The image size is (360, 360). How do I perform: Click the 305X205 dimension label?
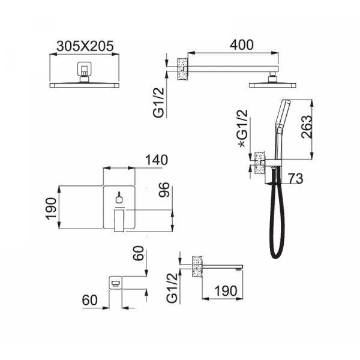pyautogui.click(x=85, y=46)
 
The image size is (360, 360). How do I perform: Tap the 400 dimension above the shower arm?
pyautogui.click(x=242, y=45)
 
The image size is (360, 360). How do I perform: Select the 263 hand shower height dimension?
pyautogui.click(x=307, y=127)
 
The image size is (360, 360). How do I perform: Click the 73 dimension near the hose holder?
pyautogui.click(x=295, y=178)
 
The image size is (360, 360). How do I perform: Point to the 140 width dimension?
pyautogui.click(x=157, y=160)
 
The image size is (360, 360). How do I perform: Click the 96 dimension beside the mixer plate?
pyautogui.click(x=164, y=190)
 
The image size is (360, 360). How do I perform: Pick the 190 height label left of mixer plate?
pyautogui.click(x=51, y=208)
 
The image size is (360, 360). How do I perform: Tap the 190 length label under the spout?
pyautogui.click(x=226, y=291)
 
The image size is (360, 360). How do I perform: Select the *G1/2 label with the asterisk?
pyautogui.click(x=243, y=128)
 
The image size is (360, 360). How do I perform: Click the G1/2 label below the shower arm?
pyautogui.click(x=159, y=103)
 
